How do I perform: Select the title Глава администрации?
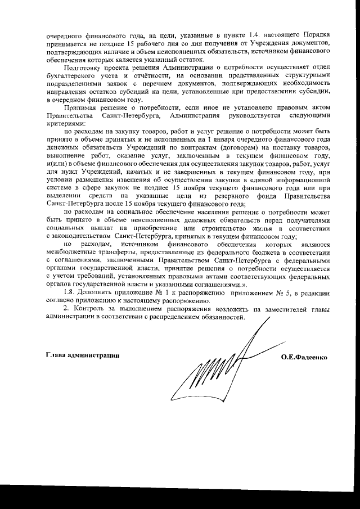(x=82, y=356)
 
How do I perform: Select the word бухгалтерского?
(x=70, y=74)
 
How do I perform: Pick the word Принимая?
(x=81, y=106)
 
